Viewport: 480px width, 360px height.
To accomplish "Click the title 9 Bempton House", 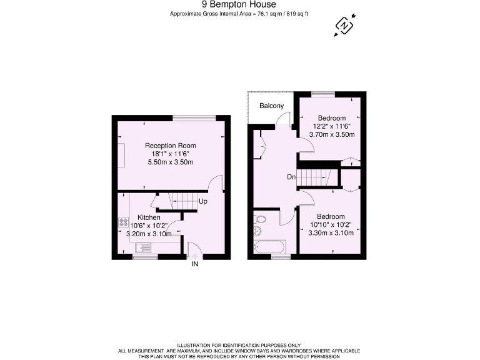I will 239,5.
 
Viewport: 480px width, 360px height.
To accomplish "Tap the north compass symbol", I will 344,25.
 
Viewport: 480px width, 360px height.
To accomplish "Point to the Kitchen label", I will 149,217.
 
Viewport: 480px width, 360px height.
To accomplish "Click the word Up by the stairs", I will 202,202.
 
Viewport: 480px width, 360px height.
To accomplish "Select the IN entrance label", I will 195,264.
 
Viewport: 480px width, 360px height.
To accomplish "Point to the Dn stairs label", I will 291,177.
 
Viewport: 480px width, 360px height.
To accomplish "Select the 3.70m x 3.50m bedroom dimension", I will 332,134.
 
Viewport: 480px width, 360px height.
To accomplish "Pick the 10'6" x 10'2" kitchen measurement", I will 149,226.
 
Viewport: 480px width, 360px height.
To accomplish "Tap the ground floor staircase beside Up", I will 182,202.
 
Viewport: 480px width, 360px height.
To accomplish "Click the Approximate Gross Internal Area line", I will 239,14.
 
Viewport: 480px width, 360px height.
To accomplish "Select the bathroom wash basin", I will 257,232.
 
